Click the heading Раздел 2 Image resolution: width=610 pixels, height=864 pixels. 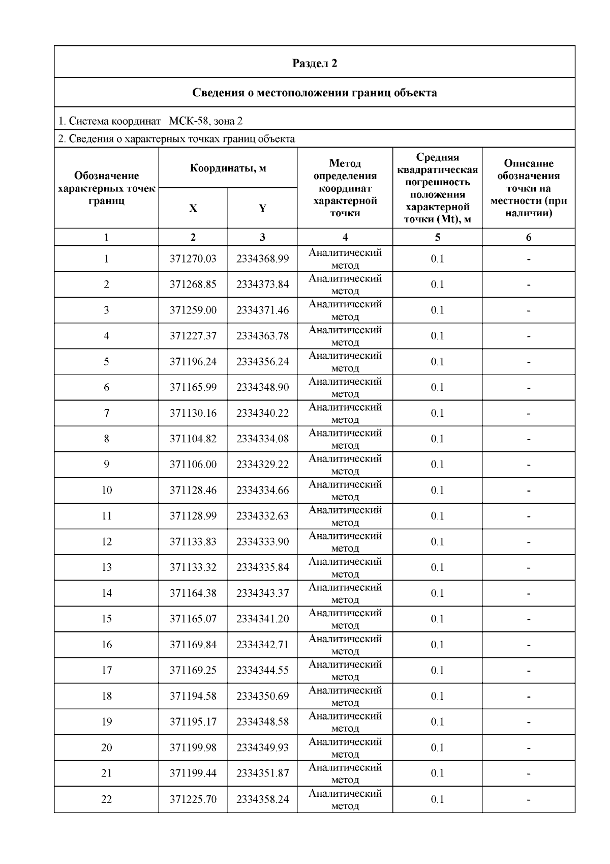[314, 63]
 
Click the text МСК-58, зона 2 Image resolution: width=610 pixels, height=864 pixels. [205, 121]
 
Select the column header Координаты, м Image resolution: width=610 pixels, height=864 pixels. [228, 168]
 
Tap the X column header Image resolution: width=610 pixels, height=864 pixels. [193, 208]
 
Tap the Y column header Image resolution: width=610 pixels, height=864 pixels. [262, 208]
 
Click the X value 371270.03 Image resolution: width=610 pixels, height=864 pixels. [193, 259]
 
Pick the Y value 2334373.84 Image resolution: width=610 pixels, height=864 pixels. [262, 284]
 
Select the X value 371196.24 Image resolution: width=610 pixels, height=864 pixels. [193, 362]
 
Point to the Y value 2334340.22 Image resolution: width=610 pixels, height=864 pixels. [262, 413]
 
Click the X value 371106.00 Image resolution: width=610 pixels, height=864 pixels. [193, 465]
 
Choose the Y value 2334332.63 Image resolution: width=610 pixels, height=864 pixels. [262, 516]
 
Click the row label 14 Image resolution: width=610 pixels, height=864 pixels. [106, 593]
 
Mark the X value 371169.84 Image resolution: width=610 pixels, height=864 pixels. [193, 645]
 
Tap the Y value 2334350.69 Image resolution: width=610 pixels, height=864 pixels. [262, 696]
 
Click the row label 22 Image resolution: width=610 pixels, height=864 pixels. [106, 799]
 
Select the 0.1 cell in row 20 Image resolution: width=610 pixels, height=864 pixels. [437, 748]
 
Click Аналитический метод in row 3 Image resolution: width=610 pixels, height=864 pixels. [345, 310]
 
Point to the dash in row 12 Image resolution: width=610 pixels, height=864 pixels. [529, 542]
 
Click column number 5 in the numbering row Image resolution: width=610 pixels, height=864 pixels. [437, 237]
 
